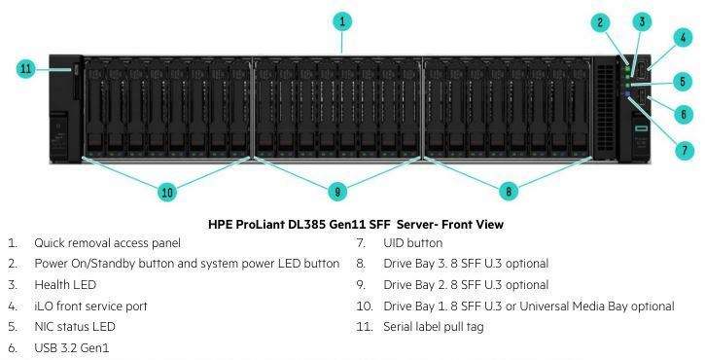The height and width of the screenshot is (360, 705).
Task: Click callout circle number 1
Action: click(342, 21)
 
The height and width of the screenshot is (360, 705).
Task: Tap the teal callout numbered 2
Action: click(600, 23)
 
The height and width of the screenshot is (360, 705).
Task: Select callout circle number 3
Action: click(642, 21)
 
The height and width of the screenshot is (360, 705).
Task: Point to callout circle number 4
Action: click(683, 38)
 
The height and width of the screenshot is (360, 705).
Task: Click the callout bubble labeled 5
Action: click(683, 82)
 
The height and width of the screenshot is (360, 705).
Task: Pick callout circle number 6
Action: click(684, 114)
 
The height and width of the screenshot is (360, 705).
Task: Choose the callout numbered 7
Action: click(685, 150)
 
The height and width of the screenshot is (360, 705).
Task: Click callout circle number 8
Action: click(509, 192)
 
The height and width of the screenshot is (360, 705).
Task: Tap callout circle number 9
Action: click(337, 192)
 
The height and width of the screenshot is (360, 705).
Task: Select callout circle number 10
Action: click(167, 193)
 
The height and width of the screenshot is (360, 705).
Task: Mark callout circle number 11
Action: click(25, 69)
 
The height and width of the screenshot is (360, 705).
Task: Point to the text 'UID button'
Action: click(412, 243)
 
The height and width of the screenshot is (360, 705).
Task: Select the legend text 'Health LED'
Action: click(65, 285)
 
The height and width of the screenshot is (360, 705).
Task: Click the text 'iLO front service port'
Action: click(90, 306)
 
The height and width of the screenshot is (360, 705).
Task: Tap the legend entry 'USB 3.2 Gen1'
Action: click(72, 348)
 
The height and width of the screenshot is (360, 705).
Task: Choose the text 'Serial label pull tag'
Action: click(434, 327)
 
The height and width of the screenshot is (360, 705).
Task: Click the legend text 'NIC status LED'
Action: click(75, 327)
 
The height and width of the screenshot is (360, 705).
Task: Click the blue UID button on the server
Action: click(627, 94)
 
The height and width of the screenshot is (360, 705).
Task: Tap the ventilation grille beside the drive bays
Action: click(605, 108)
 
